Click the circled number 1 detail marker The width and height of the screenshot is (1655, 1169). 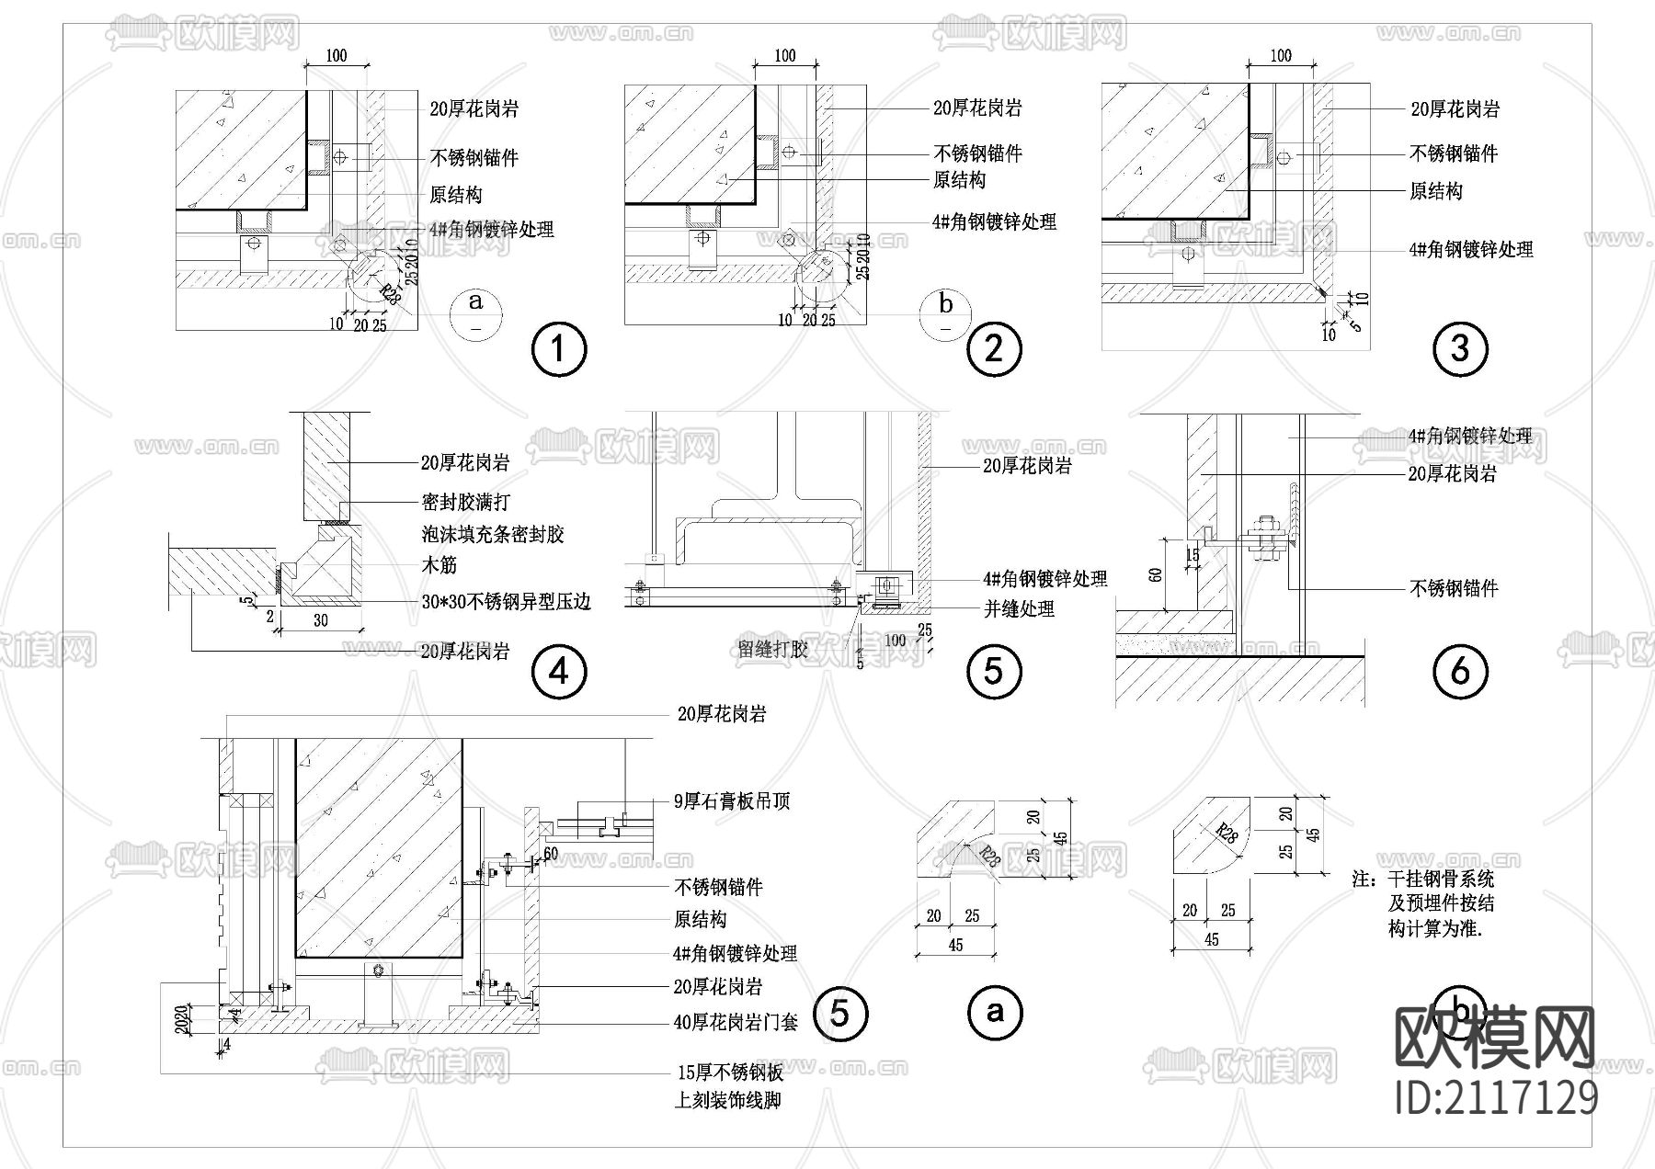click(559, 349)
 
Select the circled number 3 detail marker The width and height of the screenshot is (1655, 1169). click(1459, 348)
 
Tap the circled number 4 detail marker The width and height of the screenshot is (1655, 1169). click(559, 671)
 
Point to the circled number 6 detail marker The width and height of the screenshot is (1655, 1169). click(1459, 671)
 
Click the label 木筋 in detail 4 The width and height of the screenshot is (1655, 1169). click(439, 565)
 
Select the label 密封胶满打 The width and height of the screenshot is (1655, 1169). click(464, 502)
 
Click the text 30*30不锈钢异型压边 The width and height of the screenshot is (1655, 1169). click(506, 602)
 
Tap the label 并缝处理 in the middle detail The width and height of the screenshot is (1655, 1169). click(1019, 608)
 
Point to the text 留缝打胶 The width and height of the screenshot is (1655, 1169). click(773, 649)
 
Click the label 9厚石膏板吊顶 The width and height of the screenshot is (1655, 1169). click(732, 801)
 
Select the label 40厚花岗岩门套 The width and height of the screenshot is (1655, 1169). click(736, 1021)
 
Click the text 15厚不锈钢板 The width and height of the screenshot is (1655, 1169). click(730, 1073)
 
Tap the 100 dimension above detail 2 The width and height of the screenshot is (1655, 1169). click(785, 56)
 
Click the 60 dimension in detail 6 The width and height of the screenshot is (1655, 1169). click(1156, 575)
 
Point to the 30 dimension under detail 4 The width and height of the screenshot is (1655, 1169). click(321, 621)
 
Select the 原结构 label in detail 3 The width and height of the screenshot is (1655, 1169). click(1435, 191)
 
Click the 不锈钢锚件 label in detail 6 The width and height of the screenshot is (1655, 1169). click(1454, 588)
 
